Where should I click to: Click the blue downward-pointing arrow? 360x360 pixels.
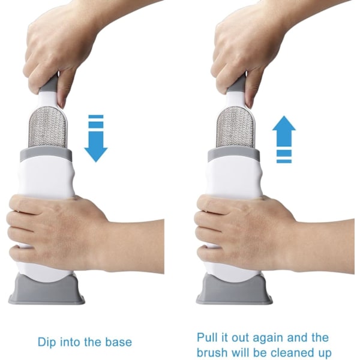[x=96, y=139]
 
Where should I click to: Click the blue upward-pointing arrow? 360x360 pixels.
[x=284, y=139]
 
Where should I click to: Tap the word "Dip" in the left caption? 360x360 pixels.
[x=47, y=343]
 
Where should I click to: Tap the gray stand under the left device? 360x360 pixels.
[x=47, y=290]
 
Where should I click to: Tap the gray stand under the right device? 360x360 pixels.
[x=235, y=290]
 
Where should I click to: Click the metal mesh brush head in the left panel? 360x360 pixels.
[x=47, y=127]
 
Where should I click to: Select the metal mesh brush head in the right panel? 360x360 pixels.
[x=235, y=127]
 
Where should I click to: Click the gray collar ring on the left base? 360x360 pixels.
[x=46, y=154]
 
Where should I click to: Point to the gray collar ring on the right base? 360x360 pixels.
[x=234, y=154]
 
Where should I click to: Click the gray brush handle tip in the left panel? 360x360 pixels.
[x=50, y=83]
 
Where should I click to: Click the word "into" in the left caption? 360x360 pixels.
[x=69, y=342]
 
